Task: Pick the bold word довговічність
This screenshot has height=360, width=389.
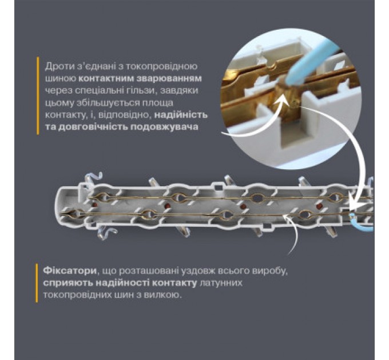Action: (82, 127)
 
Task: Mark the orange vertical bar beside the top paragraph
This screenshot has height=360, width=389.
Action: (37, 96)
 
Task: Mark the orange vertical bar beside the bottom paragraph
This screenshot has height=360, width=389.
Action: (37, 282)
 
